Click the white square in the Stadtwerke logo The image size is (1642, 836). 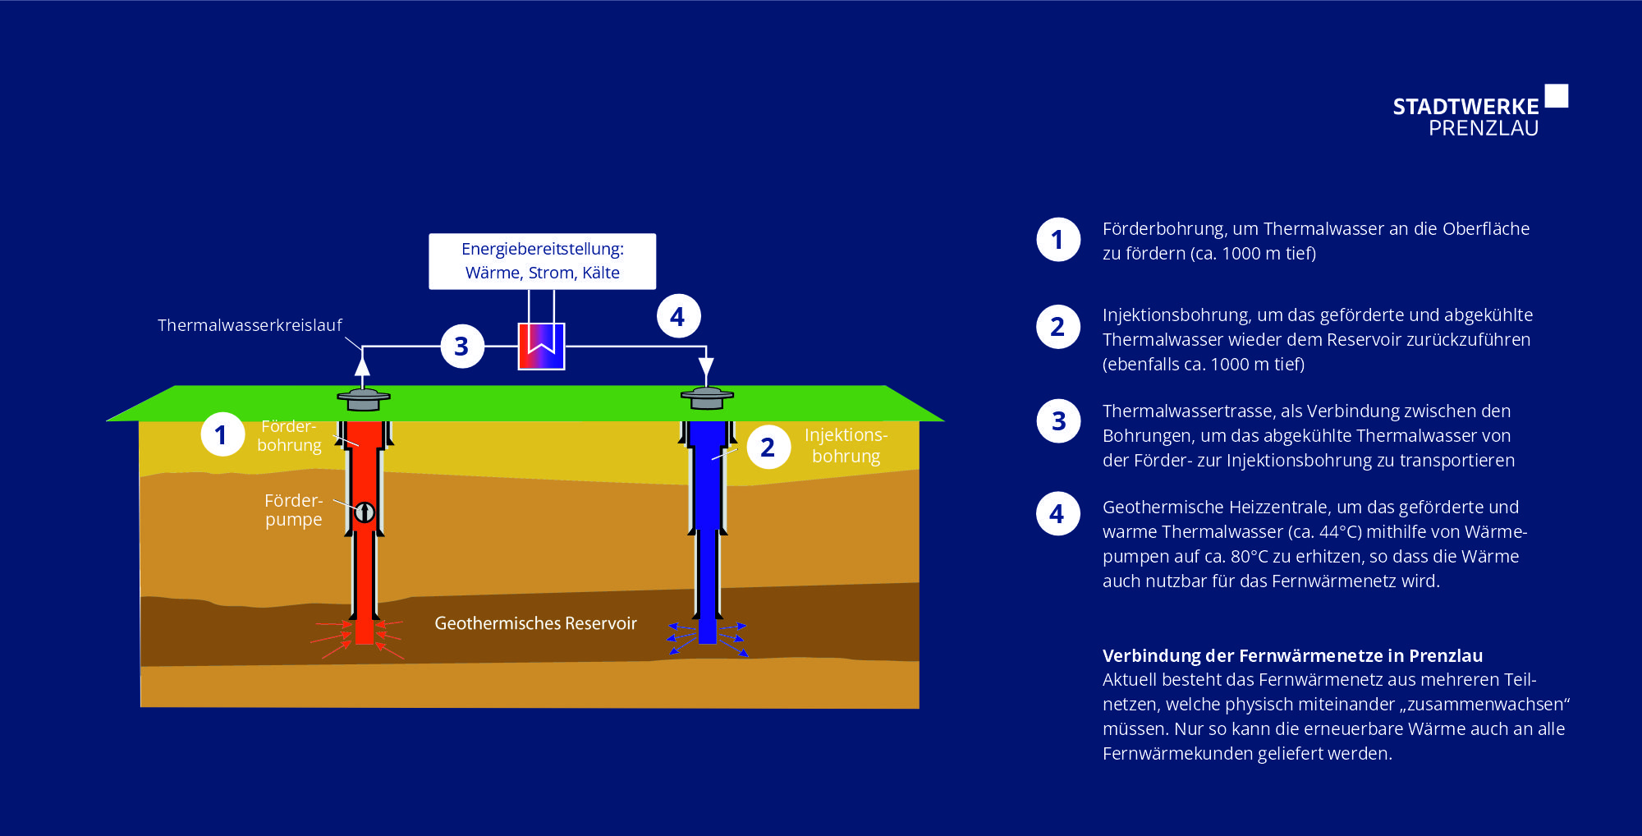(x=1556, y=96)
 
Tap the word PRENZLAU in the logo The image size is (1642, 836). (x=1484, y=128)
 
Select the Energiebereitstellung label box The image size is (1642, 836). (x=542, y=261)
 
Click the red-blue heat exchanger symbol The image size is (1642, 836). (x=541, y=346)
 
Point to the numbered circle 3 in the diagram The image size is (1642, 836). (x=462, y=346)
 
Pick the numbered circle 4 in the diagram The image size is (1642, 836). (x=678, y=316)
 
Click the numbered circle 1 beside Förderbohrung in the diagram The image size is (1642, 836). (x=222, y=434)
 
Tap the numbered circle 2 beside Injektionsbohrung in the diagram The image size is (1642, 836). (x=768, y=447)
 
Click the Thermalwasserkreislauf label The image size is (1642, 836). (x=250, y=325)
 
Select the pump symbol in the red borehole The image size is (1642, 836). (x=365, y=512)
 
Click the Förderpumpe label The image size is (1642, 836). (x=293, y=510)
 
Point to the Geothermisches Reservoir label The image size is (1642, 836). (x=535, y=623)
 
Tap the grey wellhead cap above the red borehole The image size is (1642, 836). (x=363, y=399)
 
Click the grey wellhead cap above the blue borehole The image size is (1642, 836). (x=707, y=398)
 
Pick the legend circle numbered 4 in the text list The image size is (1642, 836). (x=1058, y=514)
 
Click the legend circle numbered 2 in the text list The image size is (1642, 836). (x=1058, y=327)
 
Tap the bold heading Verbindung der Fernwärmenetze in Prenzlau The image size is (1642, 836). (x=1292, y=655)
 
